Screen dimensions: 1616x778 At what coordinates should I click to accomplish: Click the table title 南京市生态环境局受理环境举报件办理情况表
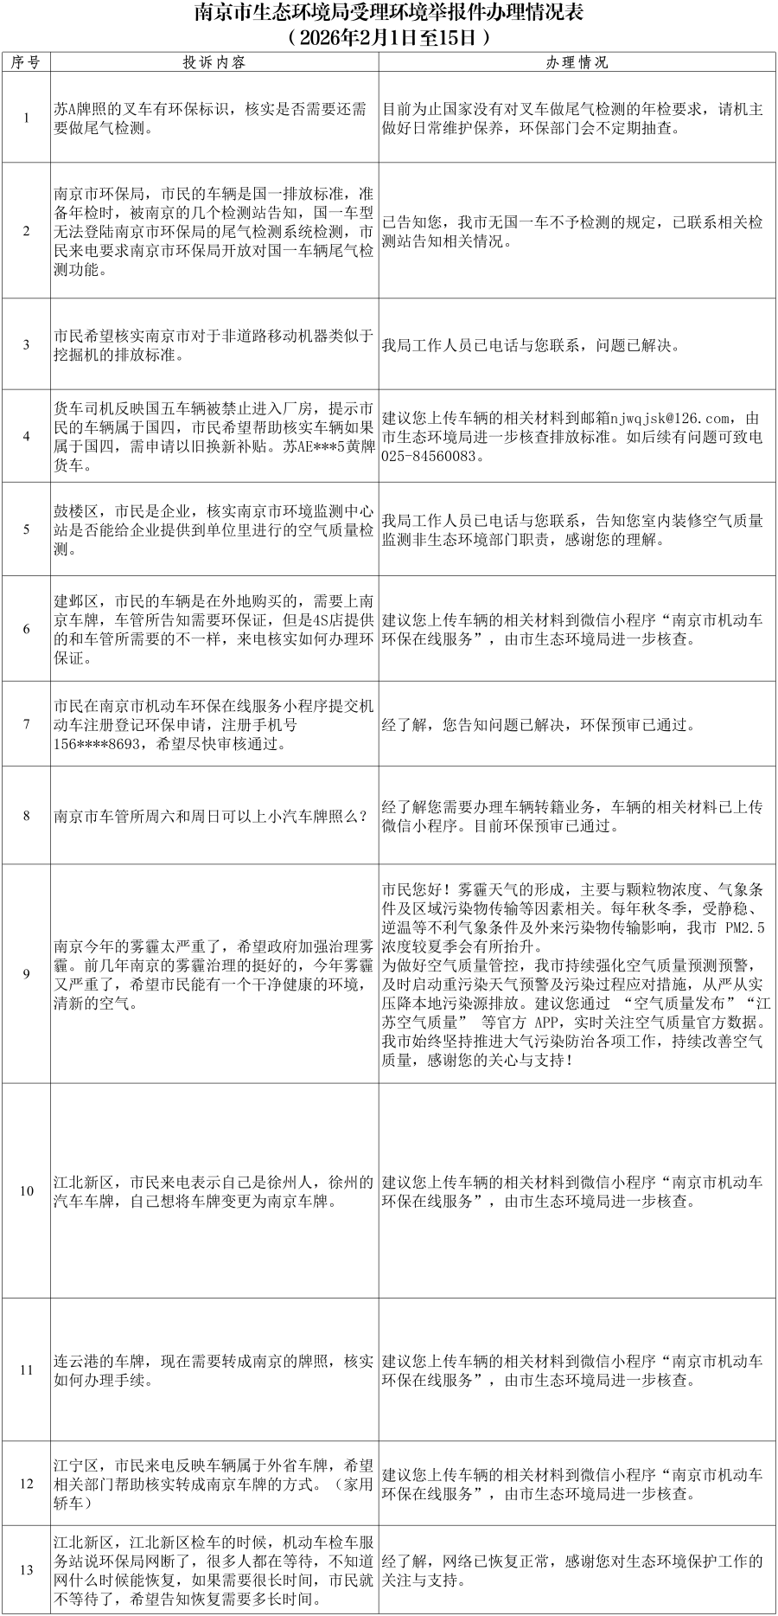pos(388,14)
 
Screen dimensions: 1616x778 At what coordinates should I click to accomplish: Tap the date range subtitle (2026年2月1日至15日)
pos(388,38)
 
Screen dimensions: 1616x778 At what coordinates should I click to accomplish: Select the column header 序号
pos(26,62)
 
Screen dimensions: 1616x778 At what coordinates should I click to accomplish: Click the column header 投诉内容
pos(214,62)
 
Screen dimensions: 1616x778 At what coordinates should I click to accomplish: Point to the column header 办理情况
pos(577,62)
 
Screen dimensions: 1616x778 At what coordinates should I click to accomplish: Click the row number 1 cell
pos(26,118)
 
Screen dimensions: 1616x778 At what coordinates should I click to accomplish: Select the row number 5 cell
pos(26,529)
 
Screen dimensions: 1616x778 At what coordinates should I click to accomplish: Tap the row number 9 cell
pos(26,973)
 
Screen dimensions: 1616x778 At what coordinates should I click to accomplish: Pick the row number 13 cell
pos(26,1569)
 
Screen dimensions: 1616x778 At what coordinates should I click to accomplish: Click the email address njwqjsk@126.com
pos(671,419)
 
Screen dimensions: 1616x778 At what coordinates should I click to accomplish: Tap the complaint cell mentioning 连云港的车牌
pos(214,1370)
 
